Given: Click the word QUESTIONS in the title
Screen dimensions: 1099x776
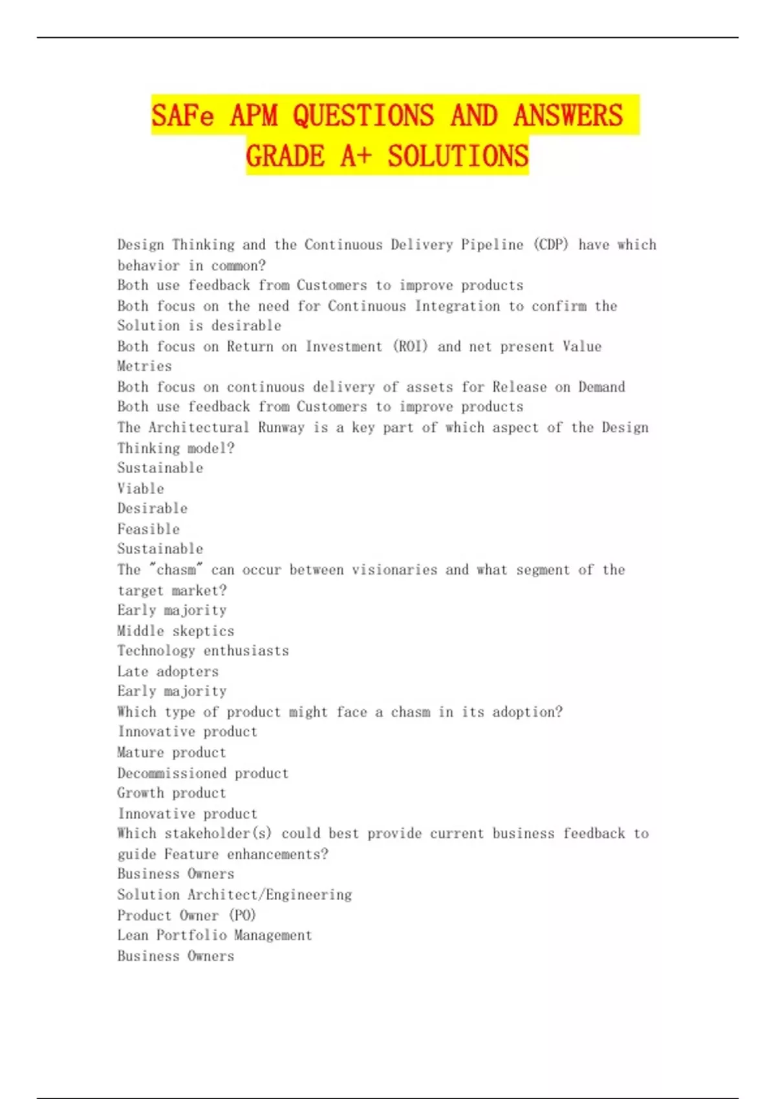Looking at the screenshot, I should (363, 116).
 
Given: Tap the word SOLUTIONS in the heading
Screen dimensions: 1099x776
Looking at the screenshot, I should (458, 156).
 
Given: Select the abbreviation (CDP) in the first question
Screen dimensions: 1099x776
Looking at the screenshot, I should (551, 245).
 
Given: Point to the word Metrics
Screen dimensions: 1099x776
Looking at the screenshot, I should (144, 367).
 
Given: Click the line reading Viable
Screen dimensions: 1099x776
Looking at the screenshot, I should (140, 489).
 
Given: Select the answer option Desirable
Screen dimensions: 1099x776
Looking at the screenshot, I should (152, 509).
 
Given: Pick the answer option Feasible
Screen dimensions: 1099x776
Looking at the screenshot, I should (148, 529).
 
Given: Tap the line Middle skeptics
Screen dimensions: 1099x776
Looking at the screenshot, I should (175, 631).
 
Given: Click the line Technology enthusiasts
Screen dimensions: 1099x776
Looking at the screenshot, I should (202, 651).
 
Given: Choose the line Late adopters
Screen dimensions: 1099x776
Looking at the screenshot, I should (167, 672).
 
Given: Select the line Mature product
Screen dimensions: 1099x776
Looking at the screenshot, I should (171, 752).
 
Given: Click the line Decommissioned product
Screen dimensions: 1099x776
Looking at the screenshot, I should (202, 773).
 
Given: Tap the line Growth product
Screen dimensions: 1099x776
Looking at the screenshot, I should (171, 793).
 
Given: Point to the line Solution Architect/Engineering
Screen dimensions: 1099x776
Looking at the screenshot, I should (234, 895).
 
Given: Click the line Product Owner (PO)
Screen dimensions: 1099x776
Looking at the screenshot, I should (186, 915).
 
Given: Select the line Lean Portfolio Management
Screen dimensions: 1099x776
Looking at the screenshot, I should (214, 935).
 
